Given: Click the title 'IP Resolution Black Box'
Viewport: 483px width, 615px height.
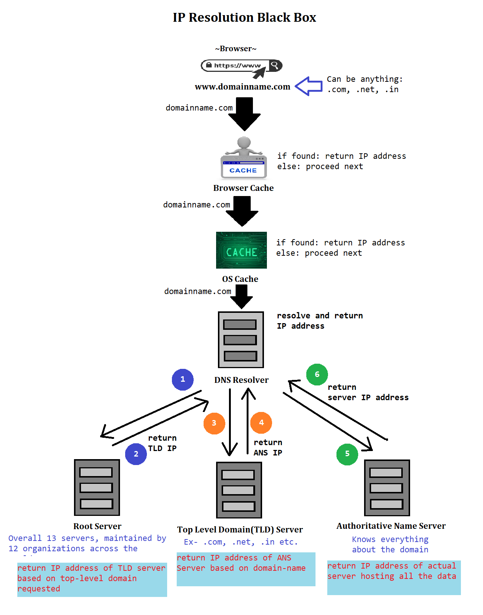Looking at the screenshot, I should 244,17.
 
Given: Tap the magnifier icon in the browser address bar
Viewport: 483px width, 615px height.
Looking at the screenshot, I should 275,66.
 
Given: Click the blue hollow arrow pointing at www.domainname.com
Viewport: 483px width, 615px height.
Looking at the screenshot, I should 309,86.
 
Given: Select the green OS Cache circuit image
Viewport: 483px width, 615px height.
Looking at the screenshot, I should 241,250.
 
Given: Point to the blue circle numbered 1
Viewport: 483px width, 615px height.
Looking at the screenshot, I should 183,379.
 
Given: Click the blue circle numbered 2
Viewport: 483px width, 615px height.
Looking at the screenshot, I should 136,454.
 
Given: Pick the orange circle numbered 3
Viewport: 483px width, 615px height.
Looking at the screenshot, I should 214,423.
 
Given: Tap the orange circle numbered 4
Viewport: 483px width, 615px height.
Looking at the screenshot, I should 261,423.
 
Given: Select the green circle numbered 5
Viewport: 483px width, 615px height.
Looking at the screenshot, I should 347,454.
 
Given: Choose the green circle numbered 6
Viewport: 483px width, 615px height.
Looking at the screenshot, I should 317,374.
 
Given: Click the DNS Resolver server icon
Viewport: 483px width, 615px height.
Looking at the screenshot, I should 241,340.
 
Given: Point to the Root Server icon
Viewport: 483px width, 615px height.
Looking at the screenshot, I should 97,487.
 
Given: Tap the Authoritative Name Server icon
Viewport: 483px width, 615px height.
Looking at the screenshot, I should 387,488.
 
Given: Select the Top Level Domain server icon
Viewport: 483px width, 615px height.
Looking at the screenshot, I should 239,490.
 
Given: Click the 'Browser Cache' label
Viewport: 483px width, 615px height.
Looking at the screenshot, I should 243,188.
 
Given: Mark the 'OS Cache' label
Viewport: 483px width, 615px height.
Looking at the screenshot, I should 240,279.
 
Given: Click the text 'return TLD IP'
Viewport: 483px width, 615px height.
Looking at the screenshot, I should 162,443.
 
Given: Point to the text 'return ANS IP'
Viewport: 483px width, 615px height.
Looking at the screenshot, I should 268,447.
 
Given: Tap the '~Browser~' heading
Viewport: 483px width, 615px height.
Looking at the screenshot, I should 236,49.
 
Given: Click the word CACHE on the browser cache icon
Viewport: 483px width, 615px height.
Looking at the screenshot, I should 243,170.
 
